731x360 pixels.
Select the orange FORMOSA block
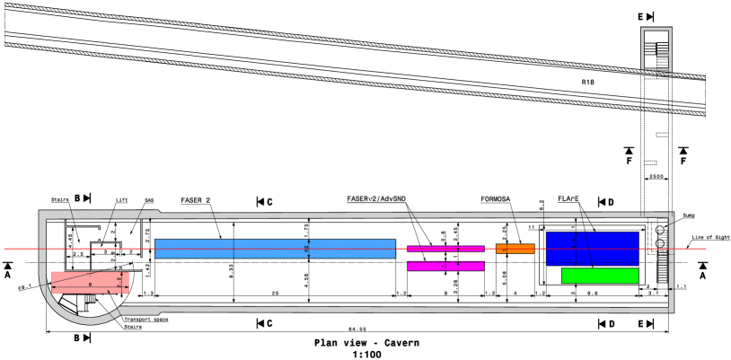[x=515, y=249]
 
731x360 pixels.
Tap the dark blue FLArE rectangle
[x=592, y=249]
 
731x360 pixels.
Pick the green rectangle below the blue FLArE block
[x=600, y=276]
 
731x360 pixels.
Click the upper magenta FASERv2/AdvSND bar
[x=445, y=248]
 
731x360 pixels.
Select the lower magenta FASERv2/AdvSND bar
[x=445, y=266]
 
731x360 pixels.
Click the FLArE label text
[x=569, y=199]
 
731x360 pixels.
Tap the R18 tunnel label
[x=588, y=82]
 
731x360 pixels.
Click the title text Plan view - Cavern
[x=365, y=343]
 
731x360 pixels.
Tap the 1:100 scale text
[x=365, y=354]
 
